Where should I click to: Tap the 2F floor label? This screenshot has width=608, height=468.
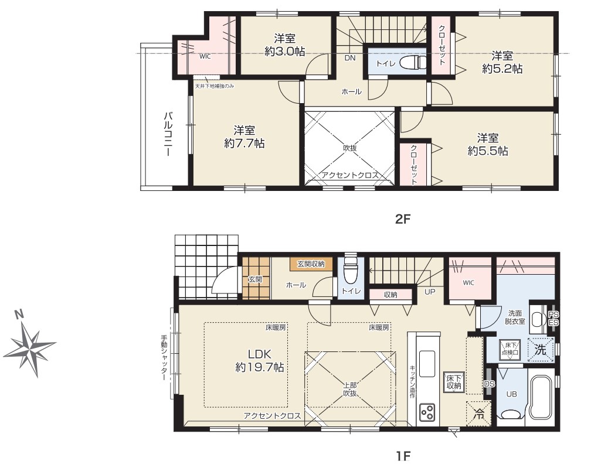pos(402,219)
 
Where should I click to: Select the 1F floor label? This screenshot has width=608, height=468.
pos(403,456)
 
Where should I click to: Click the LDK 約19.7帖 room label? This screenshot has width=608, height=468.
pos(259,360)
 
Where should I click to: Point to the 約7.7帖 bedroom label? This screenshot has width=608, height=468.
pos(244,136)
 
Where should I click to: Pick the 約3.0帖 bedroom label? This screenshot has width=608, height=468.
pos(284,45)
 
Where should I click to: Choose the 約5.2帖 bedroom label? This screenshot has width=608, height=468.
pos(502,62)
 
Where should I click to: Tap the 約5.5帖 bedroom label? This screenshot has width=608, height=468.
pos(488,145)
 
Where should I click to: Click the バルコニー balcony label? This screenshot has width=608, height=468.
pos(168,134)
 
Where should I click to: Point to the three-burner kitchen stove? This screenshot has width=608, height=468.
pos(426,412)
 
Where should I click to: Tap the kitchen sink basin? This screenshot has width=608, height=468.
pos(426,363)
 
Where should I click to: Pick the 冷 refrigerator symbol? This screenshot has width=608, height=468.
pos(479,413)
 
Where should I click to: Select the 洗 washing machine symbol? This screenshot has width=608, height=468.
pos(540,350)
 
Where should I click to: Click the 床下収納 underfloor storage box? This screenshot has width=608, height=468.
pos(453,381)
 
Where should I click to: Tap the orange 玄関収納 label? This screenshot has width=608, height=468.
pos(311,264)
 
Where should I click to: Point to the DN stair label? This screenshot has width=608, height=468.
pos(350,58)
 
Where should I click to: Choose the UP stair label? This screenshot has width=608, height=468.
pos(430,292)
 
